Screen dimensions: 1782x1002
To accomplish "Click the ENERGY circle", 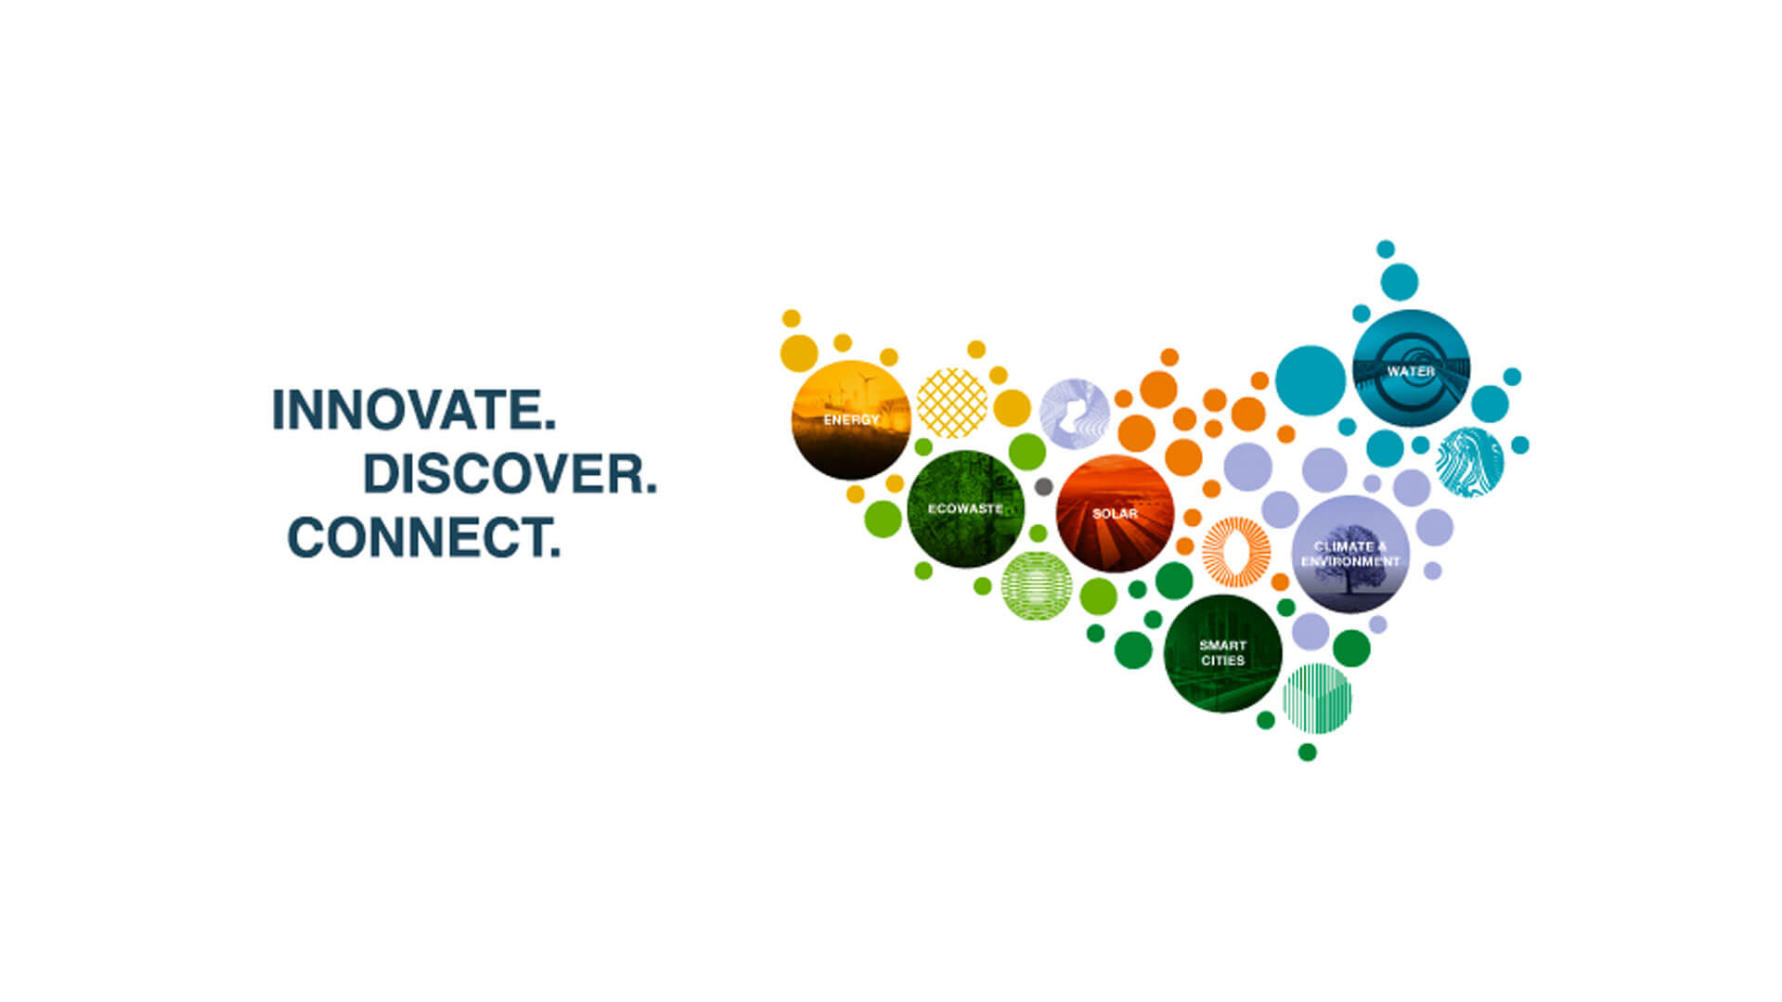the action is click(x=851, y=420).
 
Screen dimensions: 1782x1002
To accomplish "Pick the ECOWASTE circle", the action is click(x=965, y=509).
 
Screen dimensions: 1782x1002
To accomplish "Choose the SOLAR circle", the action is click(x=1115, y=514).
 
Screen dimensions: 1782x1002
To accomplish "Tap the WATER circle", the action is click(x=1411, y=368).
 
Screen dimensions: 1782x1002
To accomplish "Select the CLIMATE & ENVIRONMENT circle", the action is click(x=1350, y=554).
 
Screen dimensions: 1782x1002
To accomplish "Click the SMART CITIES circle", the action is click(x=1222, y=654).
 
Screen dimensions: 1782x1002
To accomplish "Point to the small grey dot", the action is click(x=1043, y=486).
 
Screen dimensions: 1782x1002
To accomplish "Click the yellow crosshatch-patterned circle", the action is click(x=952, y=404).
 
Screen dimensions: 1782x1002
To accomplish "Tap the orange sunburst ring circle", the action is click(x=1236, y=552).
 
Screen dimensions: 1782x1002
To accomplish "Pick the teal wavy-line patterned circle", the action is click(x=1470, y=462).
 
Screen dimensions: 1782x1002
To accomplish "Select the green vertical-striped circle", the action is click(x=1317, y=699).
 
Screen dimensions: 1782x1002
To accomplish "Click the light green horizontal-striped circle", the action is click(x=1037, y=585).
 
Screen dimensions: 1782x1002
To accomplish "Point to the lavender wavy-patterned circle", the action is click(x=1075, y=414).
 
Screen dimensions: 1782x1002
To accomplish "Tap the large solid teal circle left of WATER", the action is click(x=1311, y=380).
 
